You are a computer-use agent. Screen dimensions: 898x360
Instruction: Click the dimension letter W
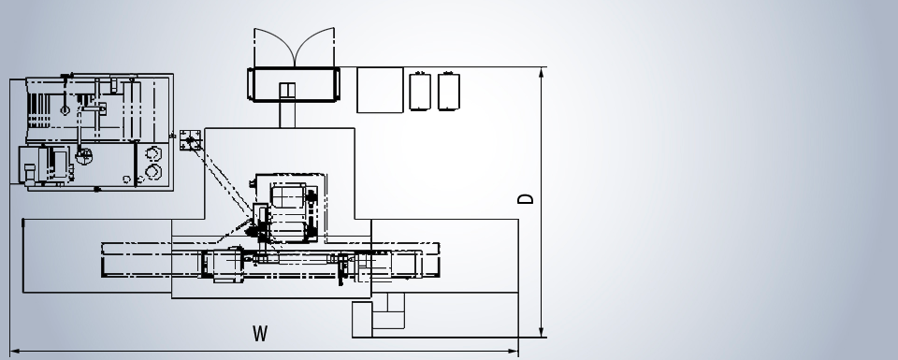pos(260,333)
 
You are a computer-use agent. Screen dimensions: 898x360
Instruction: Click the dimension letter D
pos(525,198)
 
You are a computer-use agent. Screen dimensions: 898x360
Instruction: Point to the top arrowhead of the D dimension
pos(542,73)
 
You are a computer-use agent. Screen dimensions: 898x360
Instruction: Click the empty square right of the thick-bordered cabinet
pos(380,90)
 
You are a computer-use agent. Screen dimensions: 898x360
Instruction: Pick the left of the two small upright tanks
pos(420,91)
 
